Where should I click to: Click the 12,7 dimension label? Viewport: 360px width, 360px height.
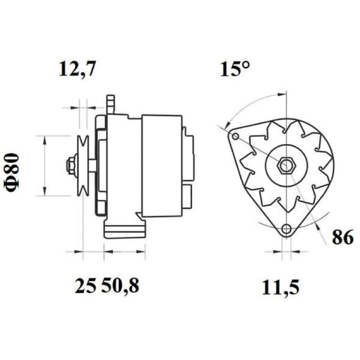[77, 69]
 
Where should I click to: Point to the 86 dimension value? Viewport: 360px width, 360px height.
[342, 238]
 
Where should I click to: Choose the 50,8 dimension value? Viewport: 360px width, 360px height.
[120, 286]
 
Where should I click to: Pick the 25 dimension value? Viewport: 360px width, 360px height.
[85, 286]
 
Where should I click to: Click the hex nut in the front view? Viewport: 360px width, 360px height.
[286, 165]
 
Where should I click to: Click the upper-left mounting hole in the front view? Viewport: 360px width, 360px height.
[235, 137]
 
